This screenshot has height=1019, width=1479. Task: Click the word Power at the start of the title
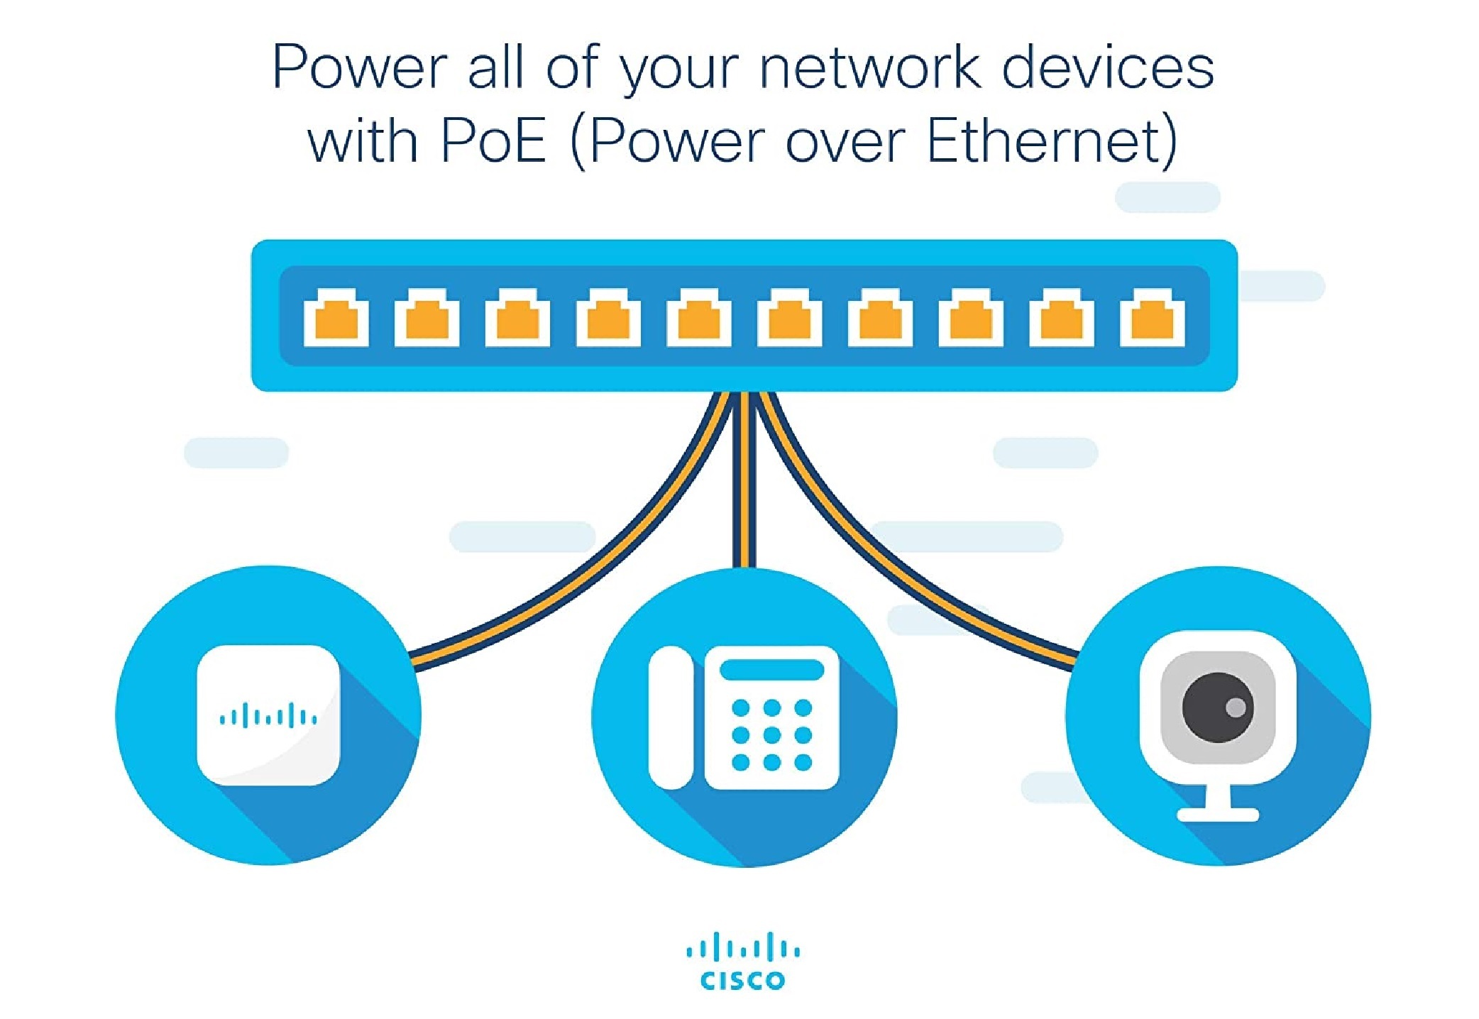tap(359, 68)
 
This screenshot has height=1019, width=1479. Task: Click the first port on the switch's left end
tap(336, 318)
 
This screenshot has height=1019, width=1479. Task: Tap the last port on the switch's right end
tap(1152, 318)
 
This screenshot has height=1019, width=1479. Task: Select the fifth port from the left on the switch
tap(699, 318)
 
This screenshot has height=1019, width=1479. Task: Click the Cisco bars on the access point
tap(268, 716)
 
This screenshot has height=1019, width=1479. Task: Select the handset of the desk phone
tap(670, 717)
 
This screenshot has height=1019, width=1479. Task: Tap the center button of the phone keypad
tap(771, 735)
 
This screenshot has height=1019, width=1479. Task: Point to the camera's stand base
tap(1218, 815)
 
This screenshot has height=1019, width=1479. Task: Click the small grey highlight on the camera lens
tap(1235, 707)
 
